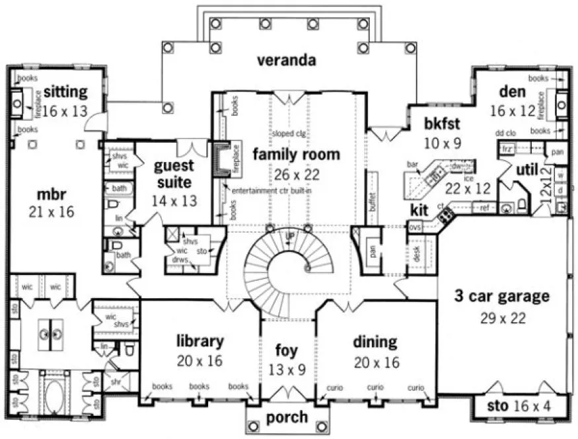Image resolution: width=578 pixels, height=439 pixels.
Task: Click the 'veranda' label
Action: (x=287, y=61)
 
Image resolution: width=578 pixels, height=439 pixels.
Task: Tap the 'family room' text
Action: (x=296, y=155)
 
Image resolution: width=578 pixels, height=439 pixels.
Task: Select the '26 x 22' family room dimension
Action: (x=296, y=176)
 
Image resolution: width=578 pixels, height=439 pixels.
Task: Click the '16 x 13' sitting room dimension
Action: (x=65, y=110)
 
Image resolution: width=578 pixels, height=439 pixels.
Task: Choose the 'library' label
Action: (x=199, y=341)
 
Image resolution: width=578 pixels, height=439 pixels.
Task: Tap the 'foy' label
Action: (x=287, y=350)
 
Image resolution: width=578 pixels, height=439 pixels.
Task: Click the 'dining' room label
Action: (x=375, y=342)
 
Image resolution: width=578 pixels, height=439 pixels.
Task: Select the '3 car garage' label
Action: (x=501, y=297)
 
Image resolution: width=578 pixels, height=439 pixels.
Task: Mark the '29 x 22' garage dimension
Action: (x=503, y=318)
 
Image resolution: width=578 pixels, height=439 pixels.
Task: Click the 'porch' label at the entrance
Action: (x=286, y=417)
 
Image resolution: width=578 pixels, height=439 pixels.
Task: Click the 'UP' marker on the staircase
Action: (x=289, y=236)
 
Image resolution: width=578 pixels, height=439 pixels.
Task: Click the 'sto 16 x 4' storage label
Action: (x=518, y=405)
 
